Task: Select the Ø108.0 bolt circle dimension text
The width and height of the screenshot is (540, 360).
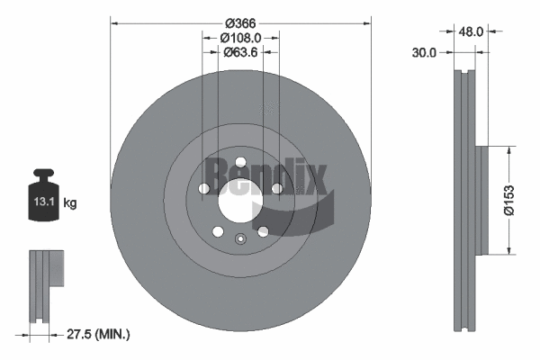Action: click(239, 38)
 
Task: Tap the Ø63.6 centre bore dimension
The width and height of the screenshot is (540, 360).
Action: click(239, 52)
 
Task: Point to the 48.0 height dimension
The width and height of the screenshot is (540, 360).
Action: click(472, 31)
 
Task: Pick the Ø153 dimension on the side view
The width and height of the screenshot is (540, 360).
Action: click(509, 200)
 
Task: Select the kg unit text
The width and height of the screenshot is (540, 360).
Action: click(71, 203)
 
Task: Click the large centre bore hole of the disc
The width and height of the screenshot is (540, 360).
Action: click(239, 196)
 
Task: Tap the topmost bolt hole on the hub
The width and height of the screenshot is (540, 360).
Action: click(239, 154)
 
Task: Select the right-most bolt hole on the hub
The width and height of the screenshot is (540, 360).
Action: click(276, 188)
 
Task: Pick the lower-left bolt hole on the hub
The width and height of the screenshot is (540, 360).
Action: click(217, 231)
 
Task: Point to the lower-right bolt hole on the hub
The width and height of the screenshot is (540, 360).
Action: click(263, 231)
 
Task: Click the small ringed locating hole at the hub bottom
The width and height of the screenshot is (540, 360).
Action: click(239, 238)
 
